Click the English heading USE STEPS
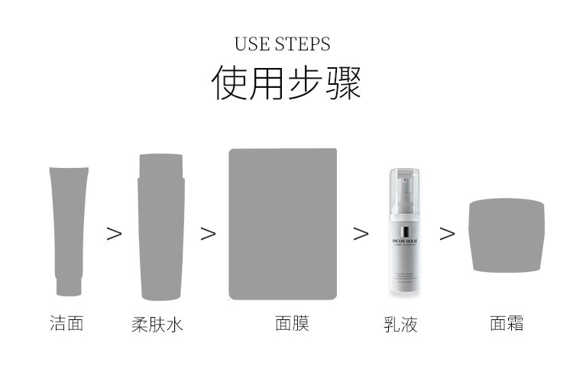tap(283, 44)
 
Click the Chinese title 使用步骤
tap(286, 83)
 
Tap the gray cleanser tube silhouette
tap(69, 225)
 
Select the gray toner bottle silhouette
tap(160, 233)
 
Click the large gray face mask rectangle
tap(283, 224)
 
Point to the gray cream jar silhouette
tap(507, 235)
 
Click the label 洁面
tap(66, 323)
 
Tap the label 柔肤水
tap(157, 325)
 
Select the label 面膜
tap(292, 323)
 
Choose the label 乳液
tap(400, 325)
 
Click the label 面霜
tap(507, 323)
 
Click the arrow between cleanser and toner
tap(114, 234)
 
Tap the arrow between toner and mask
tap(208, 234)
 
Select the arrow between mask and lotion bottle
tap(361, 234)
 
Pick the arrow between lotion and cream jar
tap(447, 234)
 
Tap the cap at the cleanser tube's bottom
tap(69, 286)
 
